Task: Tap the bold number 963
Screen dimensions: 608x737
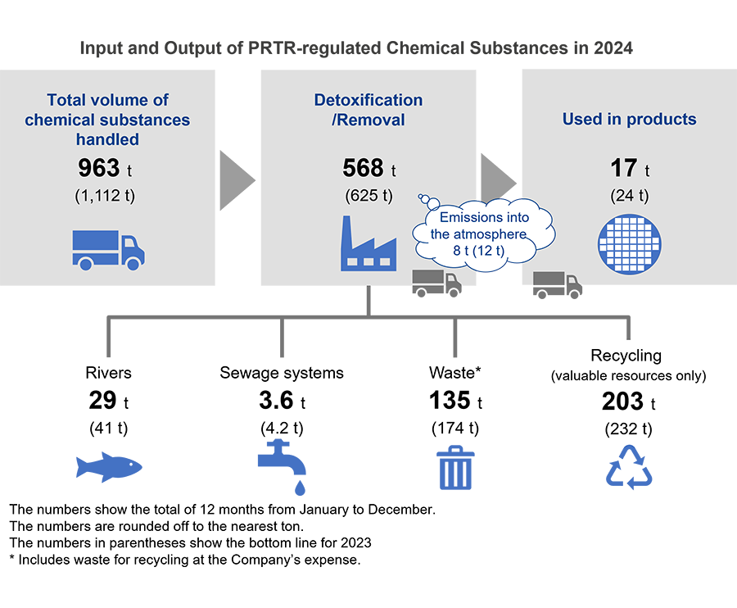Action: (x=98, y=169)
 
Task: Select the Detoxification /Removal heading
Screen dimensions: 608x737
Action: (x=368, y=110)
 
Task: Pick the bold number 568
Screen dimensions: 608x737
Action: (x=363, y=169)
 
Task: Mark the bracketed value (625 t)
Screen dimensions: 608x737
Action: (x=368, y=197)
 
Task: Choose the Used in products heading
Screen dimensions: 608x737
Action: (x=629, y=120)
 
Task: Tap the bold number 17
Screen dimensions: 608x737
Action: (x=623, y=169)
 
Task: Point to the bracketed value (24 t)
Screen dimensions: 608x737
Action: (x=629, y=197)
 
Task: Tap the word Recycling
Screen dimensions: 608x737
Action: (x=629, y=356)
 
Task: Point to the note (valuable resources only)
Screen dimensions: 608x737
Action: (x=629, y=376)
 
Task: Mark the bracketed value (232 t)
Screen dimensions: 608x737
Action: (x=629, y=428)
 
